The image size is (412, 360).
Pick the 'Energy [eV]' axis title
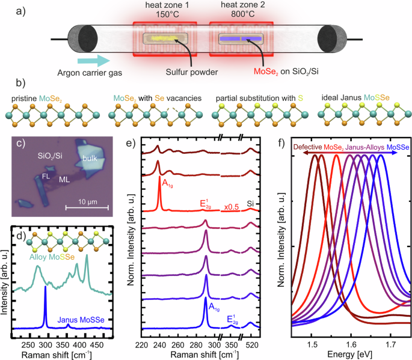coord(351,355)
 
